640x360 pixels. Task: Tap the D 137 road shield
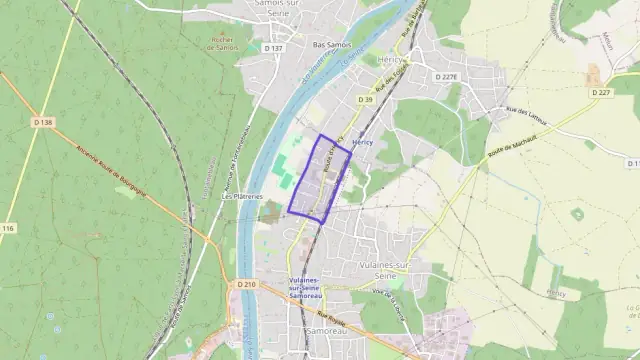(x=273, y=47)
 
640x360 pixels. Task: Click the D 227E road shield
(x=446, y=76)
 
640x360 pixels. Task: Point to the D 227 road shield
(x=600, y=92)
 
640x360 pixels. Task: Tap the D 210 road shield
(x=248, y=285)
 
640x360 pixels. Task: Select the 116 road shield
(x=8, y=229)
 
